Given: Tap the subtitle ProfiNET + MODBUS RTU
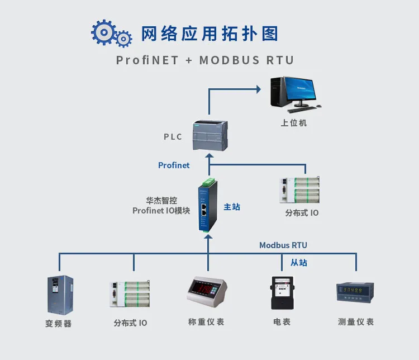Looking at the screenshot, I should pos(204,60).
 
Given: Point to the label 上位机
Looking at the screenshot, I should pos(293,122).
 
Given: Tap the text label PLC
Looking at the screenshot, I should pos(173,136).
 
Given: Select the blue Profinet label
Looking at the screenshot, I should pos(174,165).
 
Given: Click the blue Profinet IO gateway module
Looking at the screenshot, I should pos(206,205).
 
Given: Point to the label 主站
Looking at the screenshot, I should pos(232,206).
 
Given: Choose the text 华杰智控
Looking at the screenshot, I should pos(161,200).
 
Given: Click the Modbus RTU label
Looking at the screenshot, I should pos(283,245).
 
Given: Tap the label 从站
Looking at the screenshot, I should pos(298,262).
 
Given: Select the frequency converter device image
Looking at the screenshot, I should pos(60,294).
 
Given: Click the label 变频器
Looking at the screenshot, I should pos(58,323).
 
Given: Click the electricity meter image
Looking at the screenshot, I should pos(282,292).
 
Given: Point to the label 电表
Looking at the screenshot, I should pos(282,322).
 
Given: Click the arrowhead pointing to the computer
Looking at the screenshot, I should pos(258,88).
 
